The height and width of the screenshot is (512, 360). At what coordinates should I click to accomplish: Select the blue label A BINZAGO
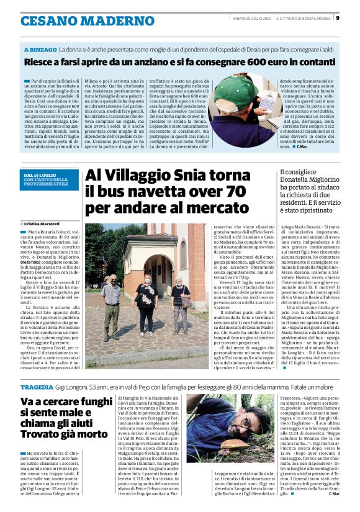pos(40,48)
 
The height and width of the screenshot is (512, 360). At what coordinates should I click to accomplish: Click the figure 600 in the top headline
pos(254,62)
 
